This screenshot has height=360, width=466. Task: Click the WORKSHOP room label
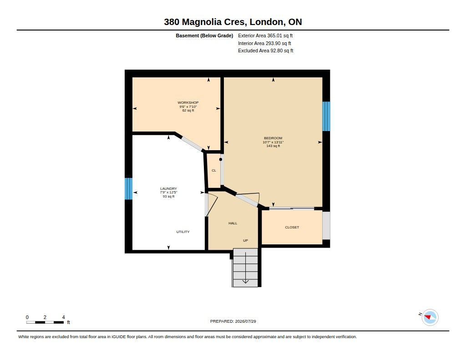[188, 102]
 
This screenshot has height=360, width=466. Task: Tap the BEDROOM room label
[273, 138]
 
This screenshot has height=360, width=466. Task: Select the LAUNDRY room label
[168, 188]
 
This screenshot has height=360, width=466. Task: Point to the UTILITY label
[183, 232]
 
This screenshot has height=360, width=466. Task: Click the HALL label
[233, 223]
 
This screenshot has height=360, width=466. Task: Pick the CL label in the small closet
[214, 171]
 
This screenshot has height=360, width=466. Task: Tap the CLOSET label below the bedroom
[292, 228]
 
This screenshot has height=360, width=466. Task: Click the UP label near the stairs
[245, 240]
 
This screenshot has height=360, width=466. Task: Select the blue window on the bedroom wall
[326, 116]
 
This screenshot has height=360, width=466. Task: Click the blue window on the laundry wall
[128, 189]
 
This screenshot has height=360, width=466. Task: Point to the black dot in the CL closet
[221, 160]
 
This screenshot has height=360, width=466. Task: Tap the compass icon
[430, 318]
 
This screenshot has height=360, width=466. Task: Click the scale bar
[45, 322]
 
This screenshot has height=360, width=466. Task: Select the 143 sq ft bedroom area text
[273, 146]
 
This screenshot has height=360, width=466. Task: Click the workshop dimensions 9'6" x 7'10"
[188, 106]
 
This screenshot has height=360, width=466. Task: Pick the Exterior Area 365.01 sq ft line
[265, 35]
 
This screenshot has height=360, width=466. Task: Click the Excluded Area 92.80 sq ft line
[265, 51]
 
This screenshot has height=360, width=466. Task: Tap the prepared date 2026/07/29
[245, 321]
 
